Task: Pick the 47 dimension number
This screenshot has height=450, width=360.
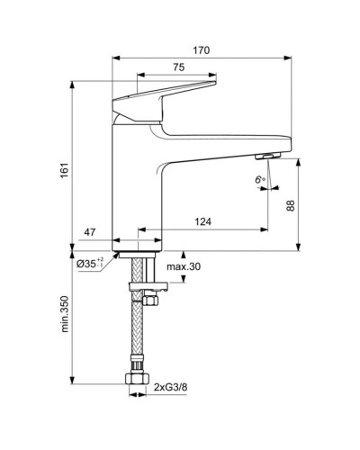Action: coord(90,231)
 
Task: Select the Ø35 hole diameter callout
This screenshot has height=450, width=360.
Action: coord(90,263)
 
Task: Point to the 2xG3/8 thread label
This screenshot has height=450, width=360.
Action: coord(172,388)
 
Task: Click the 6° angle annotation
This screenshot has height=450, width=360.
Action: coord(260,180)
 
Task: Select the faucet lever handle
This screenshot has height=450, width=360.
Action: coord(166,97)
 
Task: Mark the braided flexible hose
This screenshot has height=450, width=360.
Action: coord(138,333)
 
